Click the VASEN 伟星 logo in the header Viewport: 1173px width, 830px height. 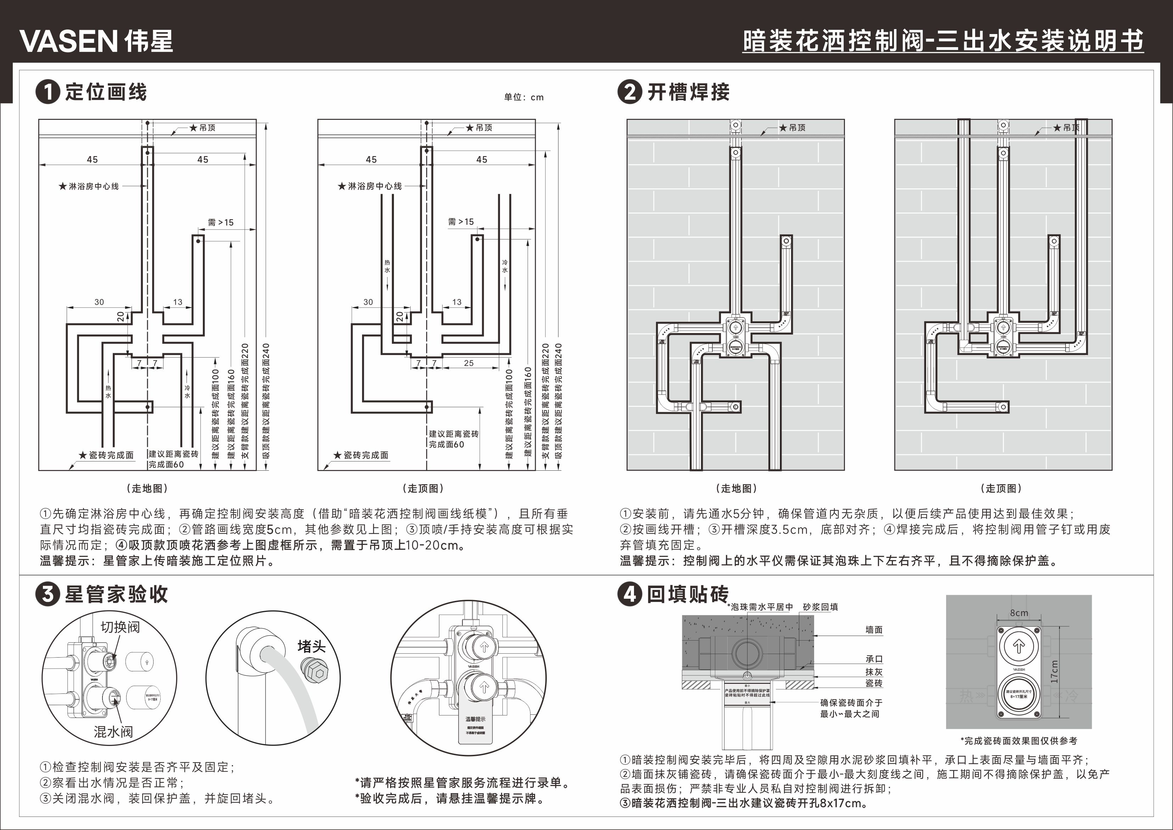point(96,41)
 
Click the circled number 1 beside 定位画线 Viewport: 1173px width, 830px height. point(48,93)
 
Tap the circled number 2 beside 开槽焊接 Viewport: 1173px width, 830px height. point(630,93)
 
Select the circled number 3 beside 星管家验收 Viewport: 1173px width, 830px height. point(48,594)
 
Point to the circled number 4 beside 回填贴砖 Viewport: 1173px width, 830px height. point(630,594)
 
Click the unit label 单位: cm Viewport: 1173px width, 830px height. point(524,97)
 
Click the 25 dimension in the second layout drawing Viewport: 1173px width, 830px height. point(468,363)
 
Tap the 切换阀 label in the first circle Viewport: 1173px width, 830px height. point(120,627)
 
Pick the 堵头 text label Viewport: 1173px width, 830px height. point(311,647)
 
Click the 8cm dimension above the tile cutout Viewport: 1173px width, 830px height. point(1019,613)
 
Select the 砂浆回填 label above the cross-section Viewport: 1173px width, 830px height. point(820,607)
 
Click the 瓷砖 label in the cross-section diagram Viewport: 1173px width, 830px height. point(874,683)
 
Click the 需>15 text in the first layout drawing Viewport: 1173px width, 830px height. point(221,222)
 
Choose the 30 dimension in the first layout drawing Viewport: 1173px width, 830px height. point(99,302)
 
